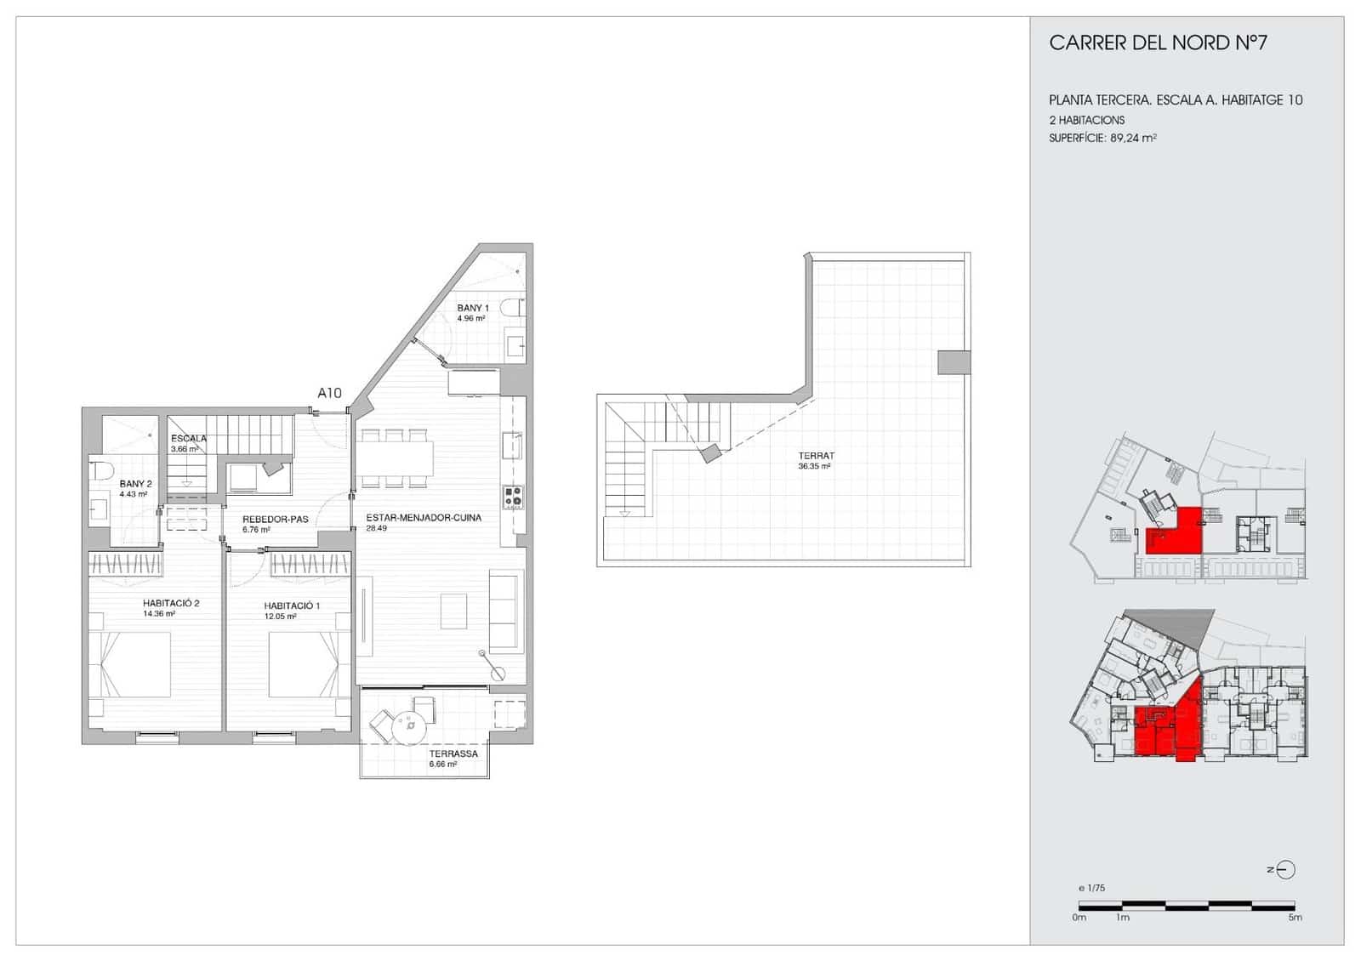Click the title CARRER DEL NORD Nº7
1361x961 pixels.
pos(1158,43)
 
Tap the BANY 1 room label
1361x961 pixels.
pos(473,308)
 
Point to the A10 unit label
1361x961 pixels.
pos(329,393)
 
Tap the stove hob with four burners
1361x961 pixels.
pos(513,497)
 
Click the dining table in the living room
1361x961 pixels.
pos(394,458)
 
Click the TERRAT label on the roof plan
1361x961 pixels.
pos(816,456)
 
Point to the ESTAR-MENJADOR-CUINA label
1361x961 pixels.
pos(424,517)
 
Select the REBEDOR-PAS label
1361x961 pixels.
pos(275,519)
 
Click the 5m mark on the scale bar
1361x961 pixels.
pos(1295,917)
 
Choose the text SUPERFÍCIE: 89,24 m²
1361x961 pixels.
pos(1102,138)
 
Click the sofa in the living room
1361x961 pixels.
pos(504,611)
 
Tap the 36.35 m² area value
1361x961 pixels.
pos(814,467)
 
